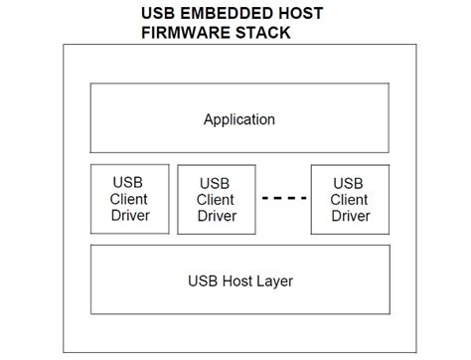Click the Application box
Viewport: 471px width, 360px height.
tap(238, 119)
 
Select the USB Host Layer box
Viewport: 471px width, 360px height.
tap(238, 279)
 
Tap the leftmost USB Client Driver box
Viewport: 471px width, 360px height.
tap(128, 198)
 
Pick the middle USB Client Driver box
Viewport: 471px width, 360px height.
tap(217, 199)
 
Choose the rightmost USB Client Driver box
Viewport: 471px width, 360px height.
tap(350, 198)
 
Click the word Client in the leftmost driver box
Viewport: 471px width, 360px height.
tap(128, 198)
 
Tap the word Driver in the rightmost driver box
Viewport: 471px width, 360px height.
tap(350, 215)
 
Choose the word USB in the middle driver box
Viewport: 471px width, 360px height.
tap(217, 183)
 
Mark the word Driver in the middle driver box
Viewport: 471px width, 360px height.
tap(217, 216)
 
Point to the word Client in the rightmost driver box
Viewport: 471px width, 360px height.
tap(350, 198)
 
